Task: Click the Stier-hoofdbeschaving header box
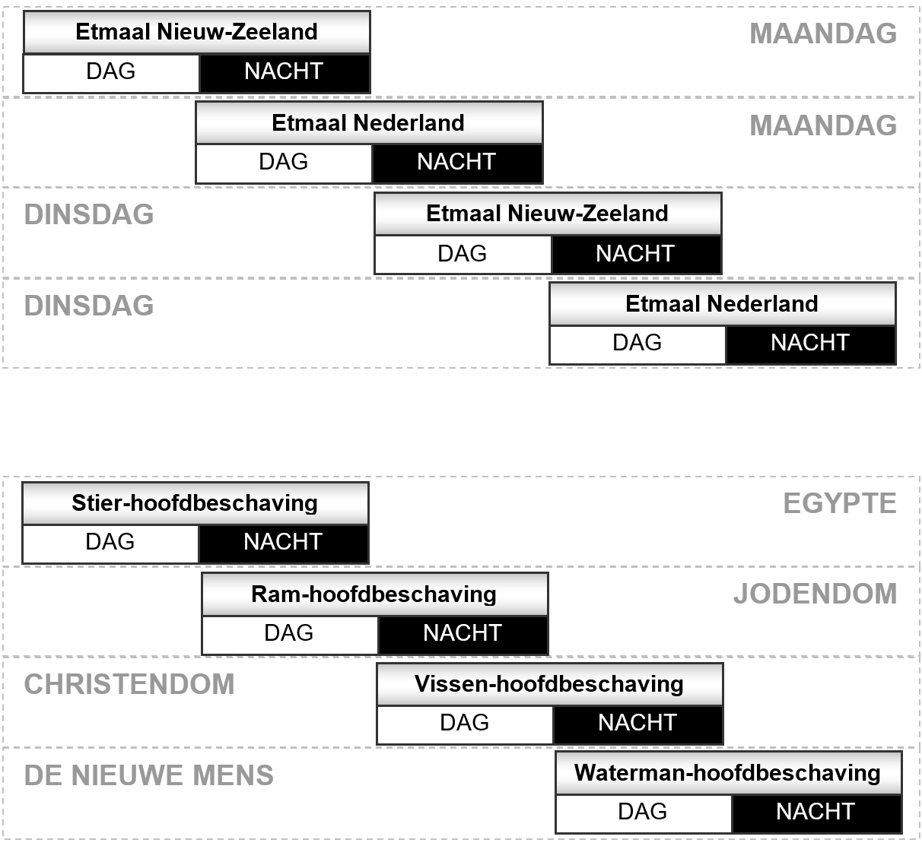[x=196, y=503]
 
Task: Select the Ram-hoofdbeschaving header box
[x=375, y=594]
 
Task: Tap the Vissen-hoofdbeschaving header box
[x=550, y=684]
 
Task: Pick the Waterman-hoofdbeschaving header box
[x=729, y=774]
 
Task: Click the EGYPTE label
[x=840, y=503]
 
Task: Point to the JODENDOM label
[x=815, y=594]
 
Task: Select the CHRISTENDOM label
[x=129, y=684]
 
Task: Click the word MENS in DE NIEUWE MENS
[x=233, y=775]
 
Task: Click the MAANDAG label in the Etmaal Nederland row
[x=823, y=125]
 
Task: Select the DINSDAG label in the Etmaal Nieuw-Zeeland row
[x=89, y=214]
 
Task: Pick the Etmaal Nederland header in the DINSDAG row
[x=723, y=304]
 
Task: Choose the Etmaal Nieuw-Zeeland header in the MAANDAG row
[x=197, y=32]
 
